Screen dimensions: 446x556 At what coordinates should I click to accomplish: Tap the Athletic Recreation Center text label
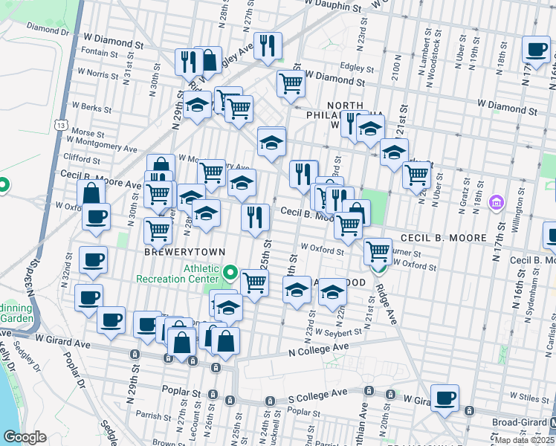click(178, 273)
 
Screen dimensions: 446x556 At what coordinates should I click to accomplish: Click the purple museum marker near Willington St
click(497, 201)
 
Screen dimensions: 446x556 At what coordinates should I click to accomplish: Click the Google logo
click(25, 436)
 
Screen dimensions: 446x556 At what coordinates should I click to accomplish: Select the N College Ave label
click(318, 348)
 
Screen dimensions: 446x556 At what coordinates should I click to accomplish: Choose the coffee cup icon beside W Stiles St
click(445, 397)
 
